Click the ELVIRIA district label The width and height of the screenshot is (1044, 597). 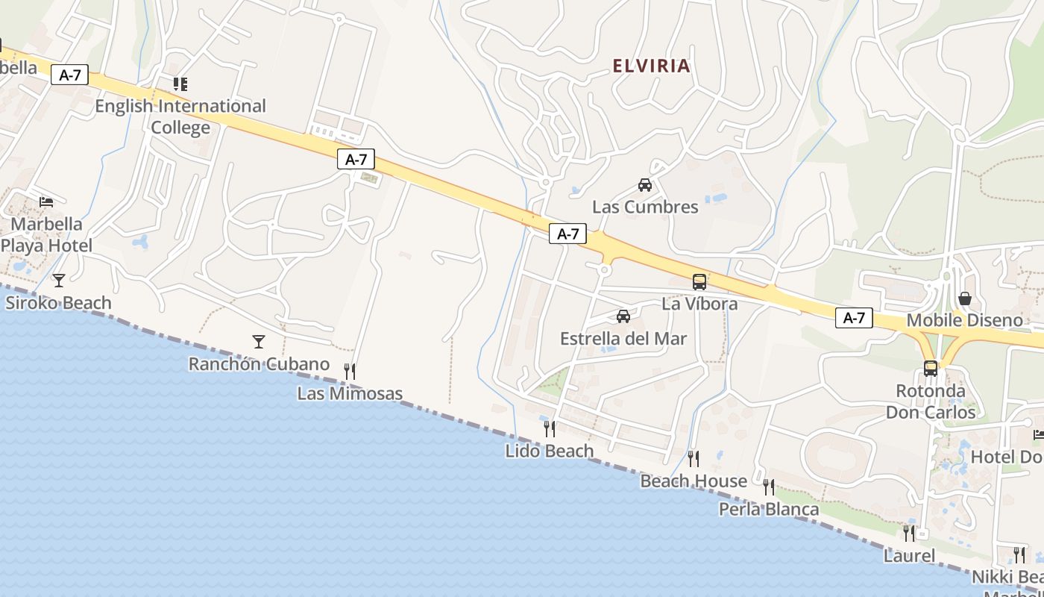tap(651, 66)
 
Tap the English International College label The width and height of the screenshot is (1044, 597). tap(180, 116)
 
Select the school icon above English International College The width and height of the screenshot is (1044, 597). tap(180, 84)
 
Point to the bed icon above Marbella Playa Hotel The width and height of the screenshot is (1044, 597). tap(46, 201)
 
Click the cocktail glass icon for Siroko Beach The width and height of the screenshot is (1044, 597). tap(59, 280)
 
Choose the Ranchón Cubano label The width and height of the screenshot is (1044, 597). tap(259, 364)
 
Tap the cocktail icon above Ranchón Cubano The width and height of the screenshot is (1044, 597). tap(259, 342)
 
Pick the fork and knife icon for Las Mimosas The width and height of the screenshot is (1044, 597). tap(349, 371)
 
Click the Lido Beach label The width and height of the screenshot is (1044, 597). tap(550, 451)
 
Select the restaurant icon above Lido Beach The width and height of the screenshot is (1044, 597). tap(550, 428)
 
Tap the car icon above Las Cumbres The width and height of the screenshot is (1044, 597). tap(645, 184)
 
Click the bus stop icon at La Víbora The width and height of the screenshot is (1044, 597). tap(699, 282)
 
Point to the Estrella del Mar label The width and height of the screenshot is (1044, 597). tap(623, 339)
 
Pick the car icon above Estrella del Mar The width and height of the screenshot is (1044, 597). tap(623, 316)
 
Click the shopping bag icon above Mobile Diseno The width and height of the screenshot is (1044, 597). tap(965, 298)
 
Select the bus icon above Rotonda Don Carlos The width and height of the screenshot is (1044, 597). tap(931, 368)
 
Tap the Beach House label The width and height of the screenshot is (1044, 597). tap(694, 481)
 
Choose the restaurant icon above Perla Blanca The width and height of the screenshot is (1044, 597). tap(769, 487)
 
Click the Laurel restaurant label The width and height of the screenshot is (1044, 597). tap(909, 556)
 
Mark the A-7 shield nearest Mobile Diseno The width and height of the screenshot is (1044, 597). tap(854, 318)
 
